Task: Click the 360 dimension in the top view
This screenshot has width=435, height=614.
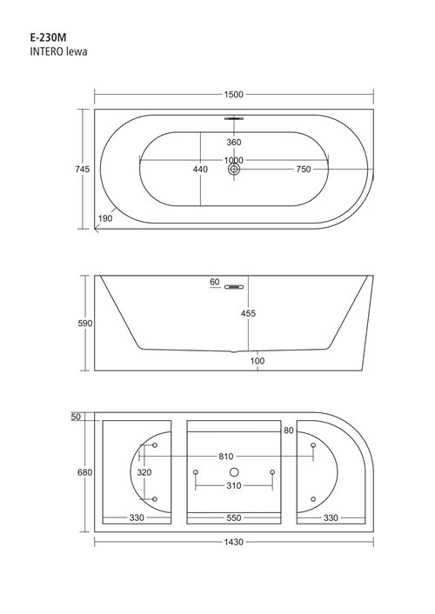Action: [233, 143]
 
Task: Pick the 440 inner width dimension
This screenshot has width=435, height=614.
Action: [200, 170]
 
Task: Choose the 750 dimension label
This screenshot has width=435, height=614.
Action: [303, 170]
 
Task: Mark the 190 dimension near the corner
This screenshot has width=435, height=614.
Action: [105, 218]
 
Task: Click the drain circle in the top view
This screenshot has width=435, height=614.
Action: [233, 170]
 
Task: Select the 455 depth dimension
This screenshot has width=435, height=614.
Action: [249, 313]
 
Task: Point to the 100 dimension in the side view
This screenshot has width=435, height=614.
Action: [258, 361]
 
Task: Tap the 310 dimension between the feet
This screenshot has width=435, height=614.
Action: [233, 486]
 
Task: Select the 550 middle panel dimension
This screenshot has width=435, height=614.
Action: [233, 518]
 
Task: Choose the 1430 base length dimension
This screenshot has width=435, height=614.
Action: [232, 542]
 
